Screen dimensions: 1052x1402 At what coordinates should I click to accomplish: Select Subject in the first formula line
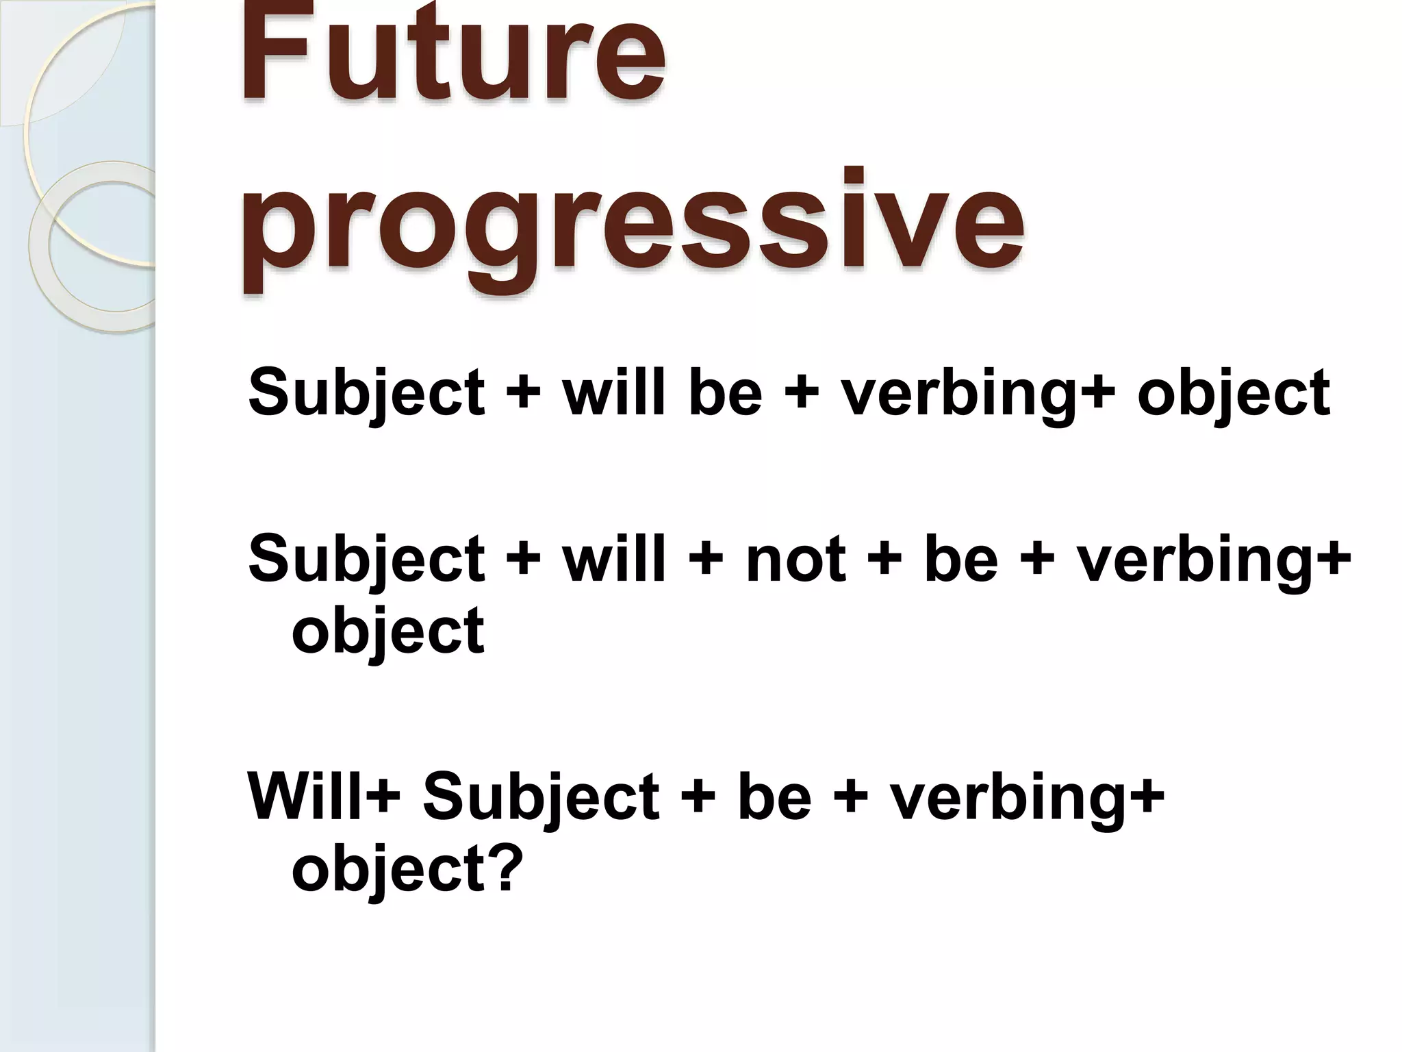[x=366, y=393]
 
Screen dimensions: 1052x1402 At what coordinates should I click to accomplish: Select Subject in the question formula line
[x=541, y=797]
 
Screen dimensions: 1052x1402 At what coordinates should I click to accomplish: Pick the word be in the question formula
[x=774, y=797]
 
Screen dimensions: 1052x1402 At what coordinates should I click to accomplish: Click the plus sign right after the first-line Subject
[x=524, y=394]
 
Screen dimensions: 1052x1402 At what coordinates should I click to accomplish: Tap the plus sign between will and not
[x=706, y=560]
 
